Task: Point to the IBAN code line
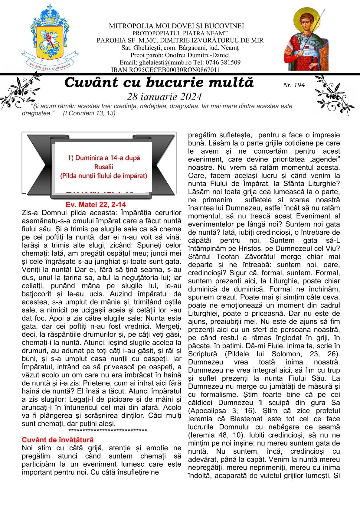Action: point(165,70)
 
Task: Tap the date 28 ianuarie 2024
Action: point(164,96)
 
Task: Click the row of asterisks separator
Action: point(108,431)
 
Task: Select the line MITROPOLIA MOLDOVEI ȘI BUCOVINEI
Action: point(176,26)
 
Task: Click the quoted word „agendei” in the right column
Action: point(326,159)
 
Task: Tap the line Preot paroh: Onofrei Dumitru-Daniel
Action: point(180,55)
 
